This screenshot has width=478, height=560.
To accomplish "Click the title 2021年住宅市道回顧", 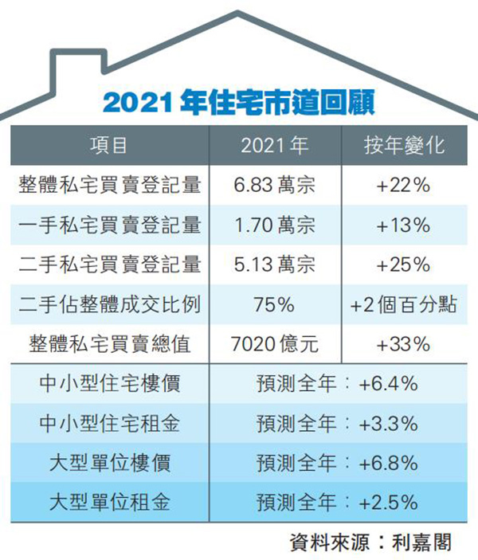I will pyautogui.click(x=239, y=103).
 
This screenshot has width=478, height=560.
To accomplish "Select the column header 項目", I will pyautogui.click(x=109, y=145).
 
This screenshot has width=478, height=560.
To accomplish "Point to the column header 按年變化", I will pyautogui.click(x=404, y=145).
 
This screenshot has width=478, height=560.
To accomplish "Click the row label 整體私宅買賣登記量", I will pyautogui.click(x=109, y=185).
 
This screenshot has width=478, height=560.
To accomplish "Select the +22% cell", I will pyautogui.click(x=404, y=185).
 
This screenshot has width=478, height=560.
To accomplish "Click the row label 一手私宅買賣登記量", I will pyautogui.click(x=109, y=225).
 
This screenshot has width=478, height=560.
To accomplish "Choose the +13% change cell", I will pyautogui.click(x=404, y=225).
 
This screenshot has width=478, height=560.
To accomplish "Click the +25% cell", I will pyautogui.click(x=404, y=264).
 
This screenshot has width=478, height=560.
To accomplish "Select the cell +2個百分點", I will pyautogui.click(x=404, y=304).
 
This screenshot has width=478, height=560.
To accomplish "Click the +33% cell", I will pyautogui.click(x=404, y=344).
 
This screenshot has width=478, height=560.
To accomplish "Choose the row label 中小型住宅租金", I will pyautogui.click(x=109, y=423).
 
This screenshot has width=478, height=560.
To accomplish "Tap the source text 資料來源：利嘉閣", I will pyautogui.click(x=371, y=542).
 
